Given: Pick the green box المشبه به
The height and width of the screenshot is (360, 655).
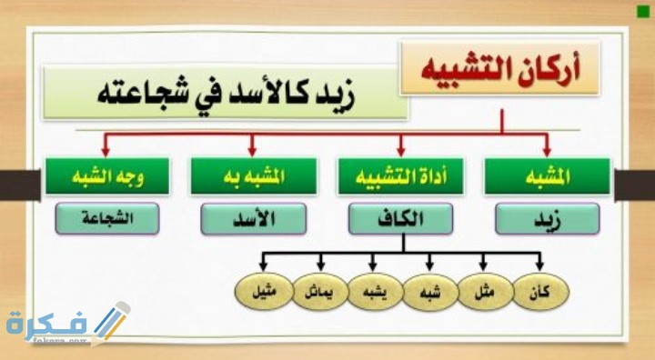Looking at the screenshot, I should click(x=253, y=177).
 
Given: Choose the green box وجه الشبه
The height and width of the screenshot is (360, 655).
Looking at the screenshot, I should click(x=106, y=177).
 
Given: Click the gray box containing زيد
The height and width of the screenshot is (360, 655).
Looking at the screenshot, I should click(x=548, y=218).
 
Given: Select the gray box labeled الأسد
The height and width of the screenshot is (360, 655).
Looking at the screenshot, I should click(x=253, y=218).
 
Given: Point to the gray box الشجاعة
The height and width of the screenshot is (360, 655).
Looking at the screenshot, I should click(x=106, y=218).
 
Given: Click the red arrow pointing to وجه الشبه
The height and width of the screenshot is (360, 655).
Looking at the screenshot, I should click(x=106, y=143).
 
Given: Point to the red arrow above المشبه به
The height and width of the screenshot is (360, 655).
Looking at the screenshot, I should click(x=253, y=143).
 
